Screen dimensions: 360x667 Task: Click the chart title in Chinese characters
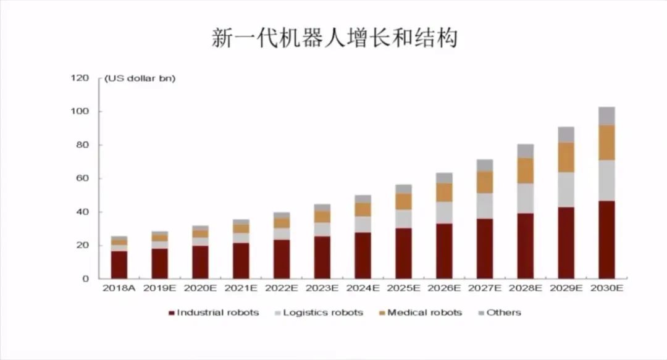point(334,38)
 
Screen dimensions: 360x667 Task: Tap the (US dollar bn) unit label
point(140,78)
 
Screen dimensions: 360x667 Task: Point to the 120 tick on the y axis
point(80,78)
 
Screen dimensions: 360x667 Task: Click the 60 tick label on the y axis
point(83,178)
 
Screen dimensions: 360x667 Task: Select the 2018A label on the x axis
point(119,288)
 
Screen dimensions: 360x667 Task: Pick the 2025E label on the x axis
point(403,288)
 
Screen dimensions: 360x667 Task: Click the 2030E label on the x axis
point(606,288)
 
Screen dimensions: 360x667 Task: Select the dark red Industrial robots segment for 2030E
point(606,240)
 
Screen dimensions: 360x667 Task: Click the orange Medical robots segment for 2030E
point(606,143)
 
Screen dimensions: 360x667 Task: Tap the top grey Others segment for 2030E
point(606,116)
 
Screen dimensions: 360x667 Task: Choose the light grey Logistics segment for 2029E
point(566,190)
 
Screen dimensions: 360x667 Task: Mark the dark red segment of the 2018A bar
point(119,264)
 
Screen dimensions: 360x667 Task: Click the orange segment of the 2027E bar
point(485,182)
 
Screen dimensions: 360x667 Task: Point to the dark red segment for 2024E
point(363,255)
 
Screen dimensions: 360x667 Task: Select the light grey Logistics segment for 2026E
point(444,212)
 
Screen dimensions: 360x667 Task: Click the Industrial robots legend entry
point(214,312)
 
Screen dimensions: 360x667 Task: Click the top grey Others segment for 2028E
point(526,151)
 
